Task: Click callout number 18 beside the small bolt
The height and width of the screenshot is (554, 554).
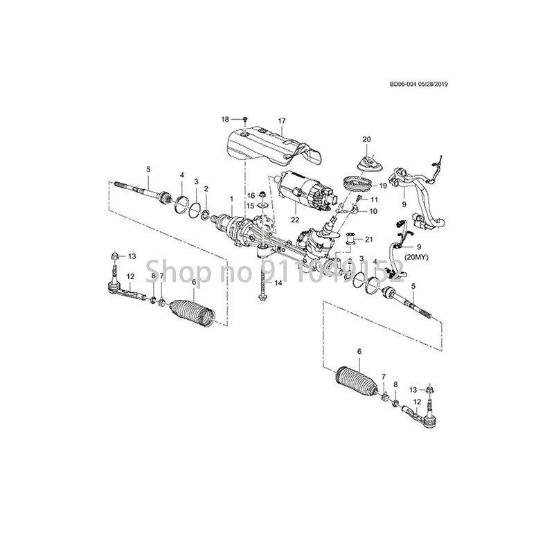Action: coord(224,120)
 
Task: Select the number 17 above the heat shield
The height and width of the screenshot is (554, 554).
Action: coord(282,121)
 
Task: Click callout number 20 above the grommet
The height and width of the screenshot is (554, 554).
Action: coord(367,139)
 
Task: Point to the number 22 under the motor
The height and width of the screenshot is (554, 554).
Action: coord(295,220)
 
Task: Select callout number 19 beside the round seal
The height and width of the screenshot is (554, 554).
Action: coord(382,186)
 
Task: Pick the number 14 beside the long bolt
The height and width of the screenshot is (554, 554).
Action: coord(278,284)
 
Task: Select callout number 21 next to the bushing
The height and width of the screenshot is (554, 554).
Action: coord(368,240)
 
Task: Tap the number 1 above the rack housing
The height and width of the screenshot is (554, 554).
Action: coord(231,198)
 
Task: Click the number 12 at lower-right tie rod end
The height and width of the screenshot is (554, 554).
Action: coord(417,402)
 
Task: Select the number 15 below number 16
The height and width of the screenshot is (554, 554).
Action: coord(251,206)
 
